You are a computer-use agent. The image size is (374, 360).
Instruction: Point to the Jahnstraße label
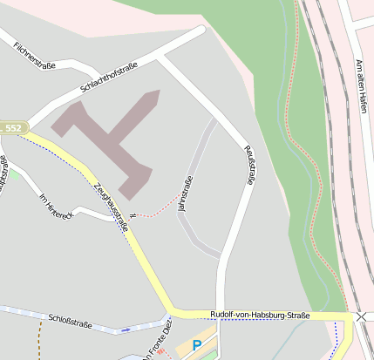(184, 194)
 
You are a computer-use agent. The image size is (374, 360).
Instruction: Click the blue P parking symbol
(197, 345)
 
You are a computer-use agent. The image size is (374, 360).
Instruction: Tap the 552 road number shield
(12, 128)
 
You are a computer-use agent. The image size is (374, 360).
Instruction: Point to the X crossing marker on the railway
(361, 316)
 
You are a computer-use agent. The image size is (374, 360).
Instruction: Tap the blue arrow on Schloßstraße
(127, 329)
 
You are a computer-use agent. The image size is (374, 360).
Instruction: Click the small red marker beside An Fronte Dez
(161, 352)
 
